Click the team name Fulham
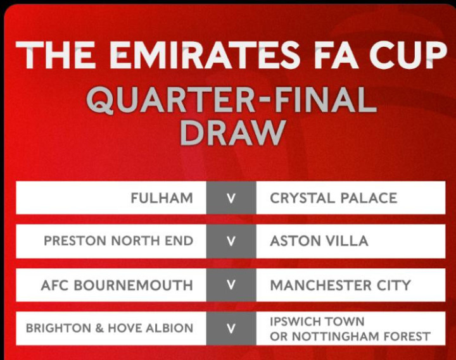(161, 198)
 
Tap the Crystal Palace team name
(333, 198)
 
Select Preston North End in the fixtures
(118, 241)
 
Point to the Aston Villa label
(319, 241)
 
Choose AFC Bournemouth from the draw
(117, 285)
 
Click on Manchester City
(340, 285)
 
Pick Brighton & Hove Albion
(110, 328)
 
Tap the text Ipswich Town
(317, 321)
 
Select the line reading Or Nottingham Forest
(350, 337)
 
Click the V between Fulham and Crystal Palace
(231, 199)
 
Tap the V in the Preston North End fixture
(231, 241)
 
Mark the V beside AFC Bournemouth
(231, 285)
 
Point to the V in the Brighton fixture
(231, 328)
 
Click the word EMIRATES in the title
(205, 55)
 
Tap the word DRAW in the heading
(232, 133)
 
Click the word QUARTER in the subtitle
(170, 100)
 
